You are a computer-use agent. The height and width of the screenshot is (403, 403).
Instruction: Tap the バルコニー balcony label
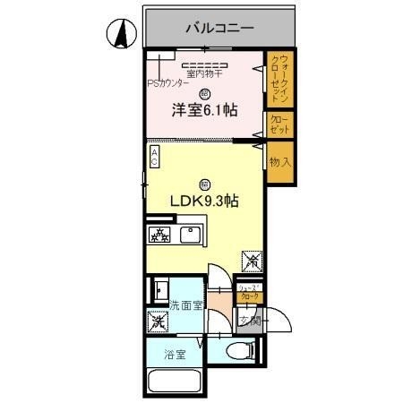pos(219,29)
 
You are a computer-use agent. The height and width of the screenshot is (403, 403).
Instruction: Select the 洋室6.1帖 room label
pos(204,110)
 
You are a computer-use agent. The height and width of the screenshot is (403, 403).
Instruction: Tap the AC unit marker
pos(154,158)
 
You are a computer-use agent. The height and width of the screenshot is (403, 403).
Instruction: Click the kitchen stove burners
pos(159,236)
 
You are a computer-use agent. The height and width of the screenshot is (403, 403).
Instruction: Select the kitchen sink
pos(190,236)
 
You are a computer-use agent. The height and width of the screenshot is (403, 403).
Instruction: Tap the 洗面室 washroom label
pos(186,305)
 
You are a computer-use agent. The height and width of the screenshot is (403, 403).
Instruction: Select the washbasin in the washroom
pos(159,290)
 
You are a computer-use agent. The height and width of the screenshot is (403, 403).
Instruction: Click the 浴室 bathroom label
pos(175,355)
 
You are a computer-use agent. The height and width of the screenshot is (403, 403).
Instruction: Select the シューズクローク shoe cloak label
pos(249,292)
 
